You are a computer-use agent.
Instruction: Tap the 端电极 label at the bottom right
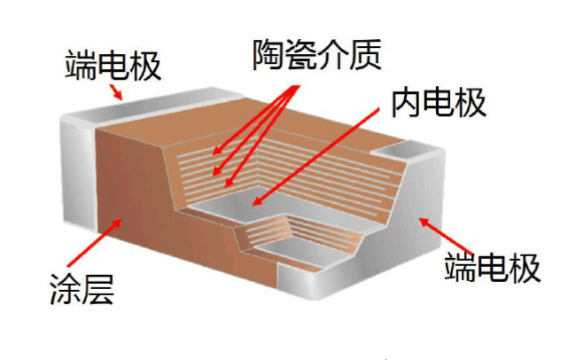493,266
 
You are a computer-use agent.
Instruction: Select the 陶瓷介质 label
315,55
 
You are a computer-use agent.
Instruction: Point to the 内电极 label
441,103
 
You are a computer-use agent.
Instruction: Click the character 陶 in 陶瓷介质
268,55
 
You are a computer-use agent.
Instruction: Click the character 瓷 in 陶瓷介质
300,55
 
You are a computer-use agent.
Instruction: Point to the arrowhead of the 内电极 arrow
257,203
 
